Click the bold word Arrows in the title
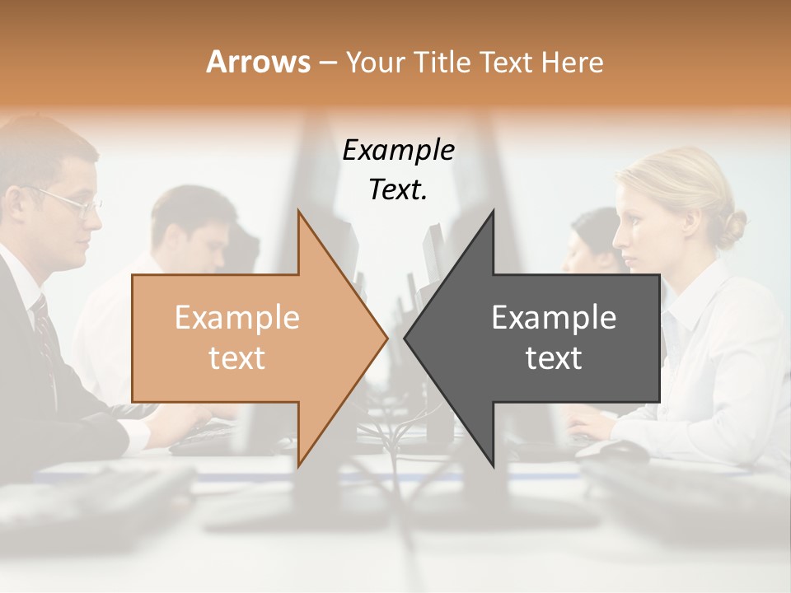(x=258, y=62)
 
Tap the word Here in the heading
(x=572, y=62)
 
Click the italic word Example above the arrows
(x=398, y=151)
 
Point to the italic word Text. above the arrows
(x=398, y=190)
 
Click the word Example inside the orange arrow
(x=237, y=317)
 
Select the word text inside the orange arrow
(x=237, y=358)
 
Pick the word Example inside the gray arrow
(x=554, y=317)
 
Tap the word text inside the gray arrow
(x=554, y=358)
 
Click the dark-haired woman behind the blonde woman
(x=593, y=239)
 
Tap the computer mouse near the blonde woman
(x=622, y=450)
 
